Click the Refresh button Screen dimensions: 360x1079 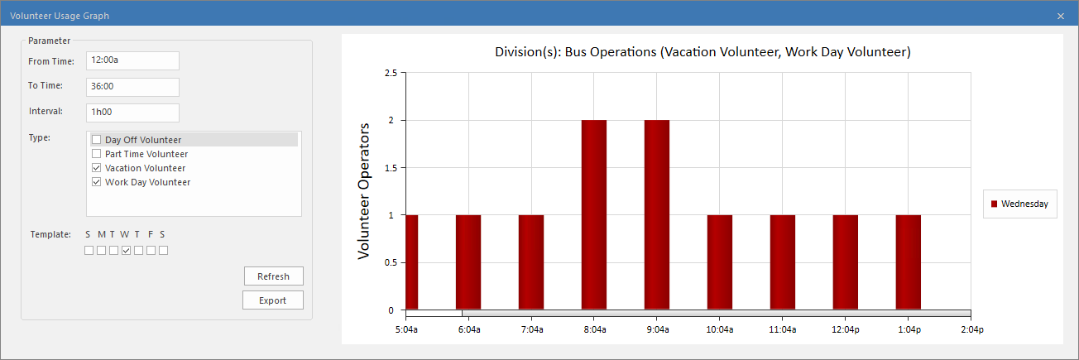273,276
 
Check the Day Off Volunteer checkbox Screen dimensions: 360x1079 97,140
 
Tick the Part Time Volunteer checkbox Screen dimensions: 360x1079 97,154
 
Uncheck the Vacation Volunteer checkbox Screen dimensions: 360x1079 97,168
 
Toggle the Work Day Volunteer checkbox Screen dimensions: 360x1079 97,182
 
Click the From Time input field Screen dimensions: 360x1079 132,60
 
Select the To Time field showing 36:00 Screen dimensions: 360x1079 132,87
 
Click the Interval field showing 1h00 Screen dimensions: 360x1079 132,113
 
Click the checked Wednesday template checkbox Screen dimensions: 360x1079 126,250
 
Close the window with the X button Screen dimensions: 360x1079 1061,16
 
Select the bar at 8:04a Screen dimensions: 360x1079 594,215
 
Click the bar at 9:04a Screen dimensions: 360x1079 657,215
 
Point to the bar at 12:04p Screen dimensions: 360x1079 846,262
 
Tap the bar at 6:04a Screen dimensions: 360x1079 468,262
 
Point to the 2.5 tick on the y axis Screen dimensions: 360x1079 390,73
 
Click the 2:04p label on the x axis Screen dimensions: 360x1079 971,329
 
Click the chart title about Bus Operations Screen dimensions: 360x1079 703,52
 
